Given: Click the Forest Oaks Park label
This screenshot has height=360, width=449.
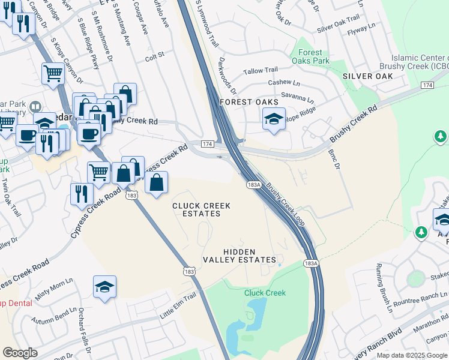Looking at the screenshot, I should tap(310, 57).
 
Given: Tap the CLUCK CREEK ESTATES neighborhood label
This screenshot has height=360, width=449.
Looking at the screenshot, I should tap(201, 209).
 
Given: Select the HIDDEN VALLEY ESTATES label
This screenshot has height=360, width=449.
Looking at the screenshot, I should tap(247, 256).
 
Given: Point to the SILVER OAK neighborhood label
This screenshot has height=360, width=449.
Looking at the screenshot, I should tap(367, 76).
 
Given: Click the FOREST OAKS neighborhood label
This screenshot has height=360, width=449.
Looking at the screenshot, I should tap(246, 102).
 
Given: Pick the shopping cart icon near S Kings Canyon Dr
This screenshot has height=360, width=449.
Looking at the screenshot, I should tap(53, 74).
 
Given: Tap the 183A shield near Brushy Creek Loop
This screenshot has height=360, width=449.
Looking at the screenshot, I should tap(255, 185).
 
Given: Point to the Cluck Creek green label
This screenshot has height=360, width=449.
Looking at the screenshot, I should tap(265, 293).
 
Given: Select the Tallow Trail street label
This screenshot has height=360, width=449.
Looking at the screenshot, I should tap(261, 71).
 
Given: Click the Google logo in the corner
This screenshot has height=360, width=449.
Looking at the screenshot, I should tap(20, 353).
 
